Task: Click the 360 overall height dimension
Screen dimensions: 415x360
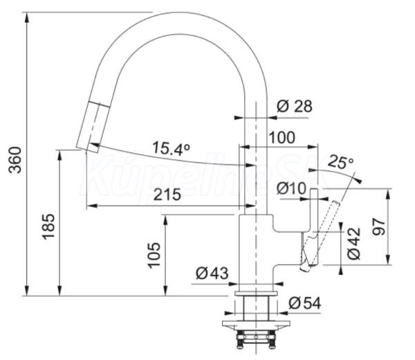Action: [15, 160]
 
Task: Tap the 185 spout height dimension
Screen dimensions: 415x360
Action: [48, 226]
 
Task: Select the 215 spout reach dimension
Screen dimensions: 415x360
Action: [167, 195]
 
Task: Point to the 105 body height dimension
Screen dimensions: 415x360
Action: [154, 255]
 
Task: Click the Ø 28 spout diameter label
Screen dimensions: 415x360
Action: [295, 106]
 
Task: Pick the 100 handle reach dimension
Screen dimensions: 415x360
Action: [282, 138]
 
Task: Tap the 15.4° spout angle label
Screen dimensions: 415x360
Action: [172, 148]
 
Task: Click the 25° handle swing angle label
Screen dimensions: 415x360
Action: [341, 162]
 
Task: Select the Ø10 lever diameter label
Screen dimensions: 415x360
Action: [291, 188]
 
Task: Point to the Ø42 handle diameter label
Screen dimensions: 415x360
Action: [354, 243]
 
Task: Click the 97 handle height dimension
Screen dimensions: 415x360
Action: [379, 227]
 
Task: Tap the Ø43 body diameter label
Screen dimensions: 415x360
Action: [212, 273]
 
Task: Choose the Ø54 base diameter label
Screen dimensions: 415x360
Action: [304, 303]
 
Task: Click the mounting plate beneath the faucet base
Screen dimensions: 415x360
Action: [256, 325]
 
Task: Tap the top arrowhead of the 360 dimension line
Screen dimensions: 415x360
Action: [26, 17]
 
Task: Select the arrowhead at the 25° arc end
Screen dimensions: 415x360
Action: [358, 180]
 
